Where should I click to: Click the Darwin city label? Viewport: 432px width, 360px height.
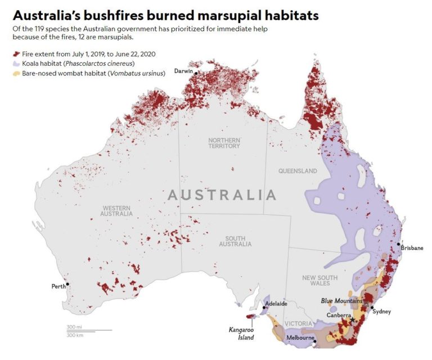tap(183, 71)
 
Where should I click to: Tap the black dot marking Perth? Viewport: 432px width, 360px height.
tap(67, 284)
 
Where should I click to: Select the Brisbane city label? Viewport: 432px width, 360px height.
tap(412, 247)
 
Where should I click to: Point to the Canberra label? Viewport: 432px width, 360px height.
tap(340, 316)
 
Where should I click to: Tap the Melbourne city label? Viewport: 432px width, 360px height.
tap(300, 337)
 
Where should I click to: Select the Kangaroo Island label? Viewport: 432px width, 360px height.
tap(241, 334)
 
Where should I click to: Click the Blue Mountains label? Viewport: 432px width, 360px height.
tap(342, 301)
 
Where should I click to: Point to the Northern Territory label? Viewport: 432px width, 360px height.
tap(224, 143)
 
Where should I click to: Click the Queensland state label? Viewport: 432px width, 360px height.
tap(298, 171)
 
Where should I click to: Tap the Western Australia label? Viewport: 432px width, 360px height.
tap(116, 210)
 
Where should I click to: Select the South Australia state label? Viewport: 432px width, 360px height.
tap(235, 241)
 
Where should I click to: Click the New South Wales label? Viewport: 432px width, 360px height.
tap(319, 281)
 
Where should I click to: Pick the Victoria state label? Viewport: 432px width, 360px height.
tap(298, 324)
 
